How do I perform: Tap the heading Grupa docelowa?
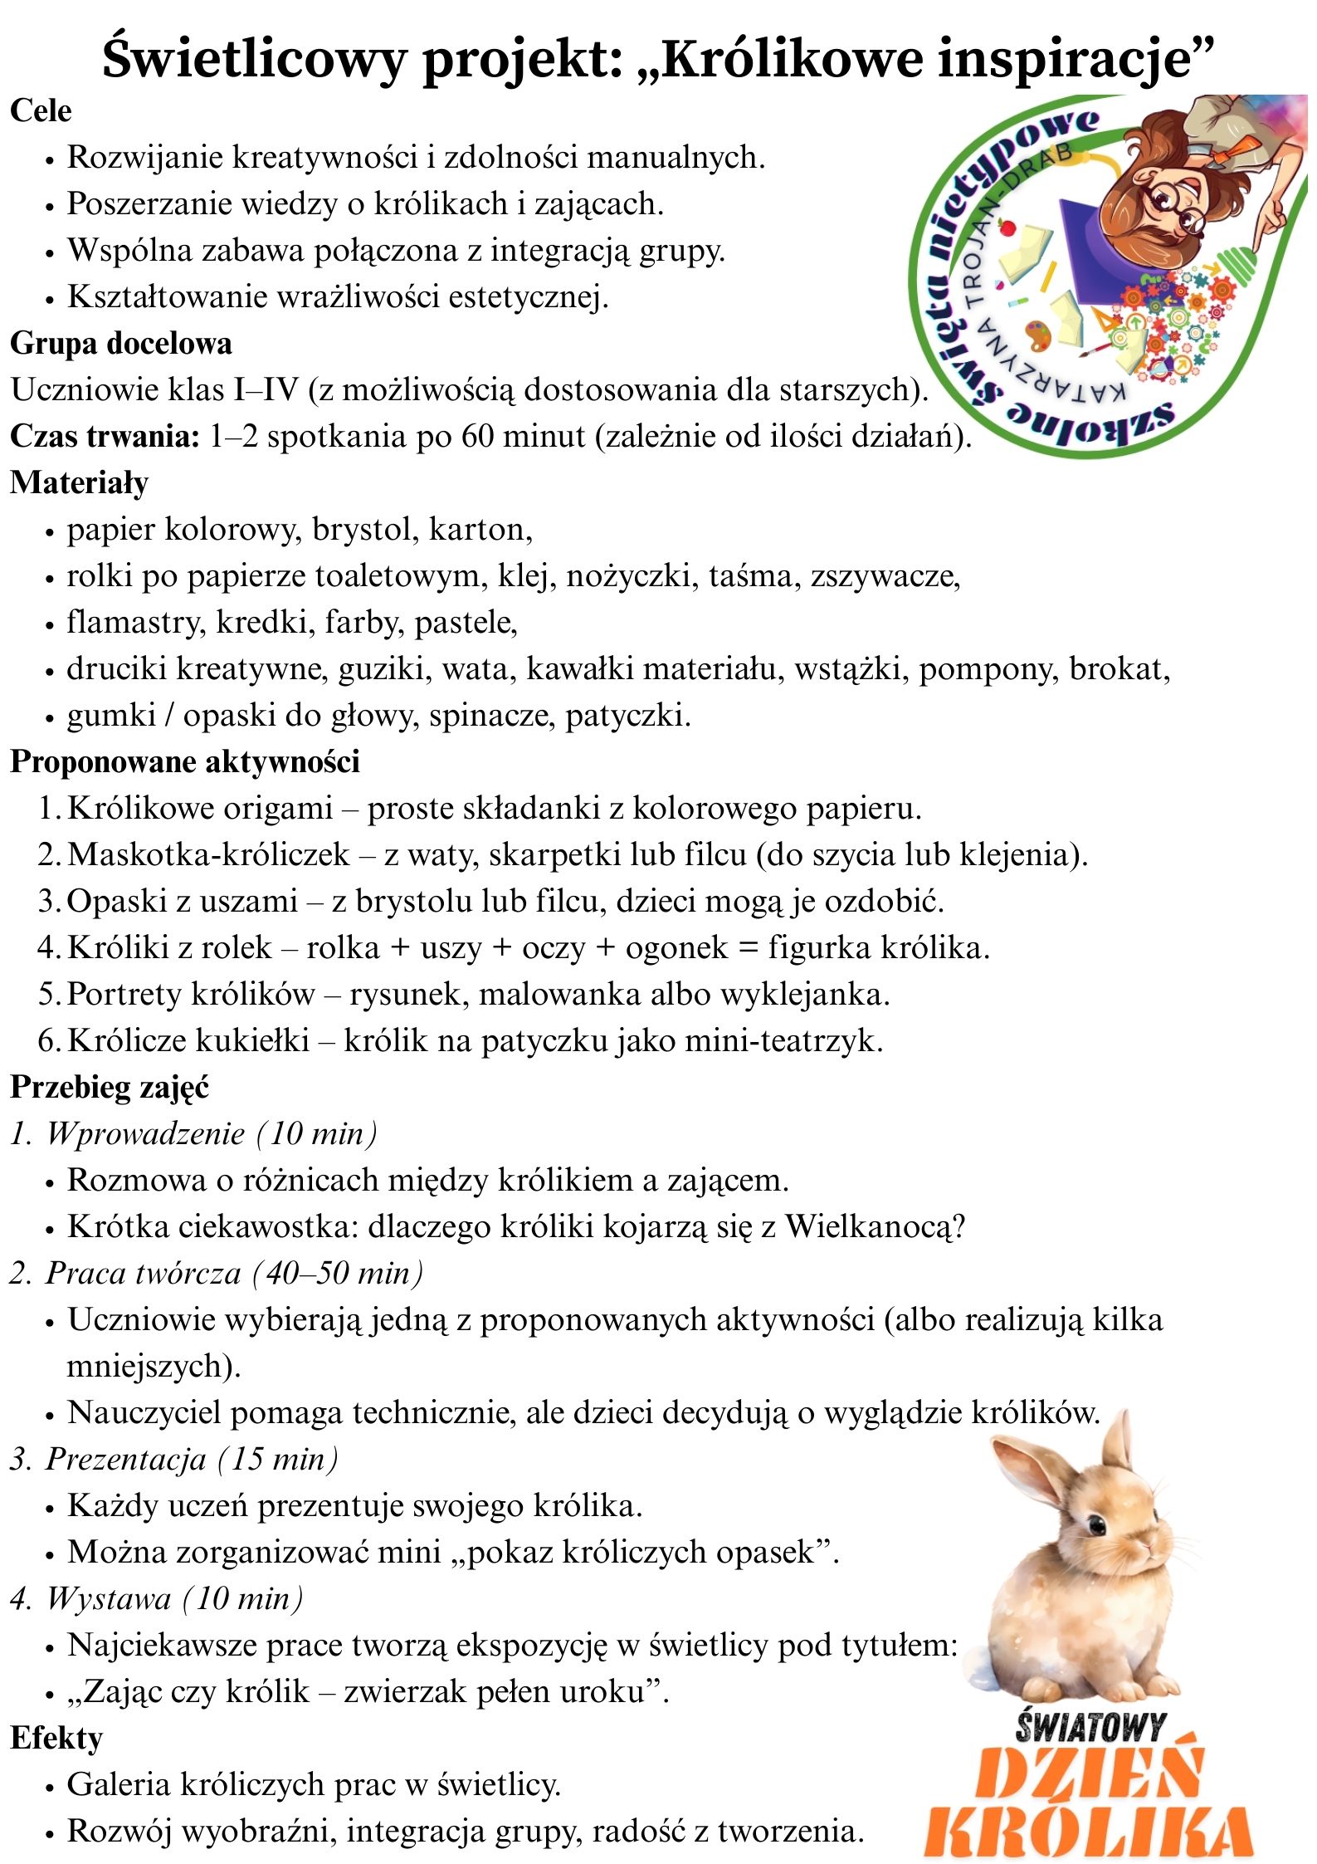pos(121,343)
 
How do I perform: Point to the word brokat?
pos(1119,668)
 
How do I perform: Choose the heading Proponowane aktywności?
pos(185,761)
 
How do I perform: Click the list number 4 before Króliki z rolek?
pos(46,947)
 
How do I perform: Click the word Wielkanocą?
pos(875,1226)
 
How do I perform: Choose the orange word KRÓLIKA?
pos(1089,1831)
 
